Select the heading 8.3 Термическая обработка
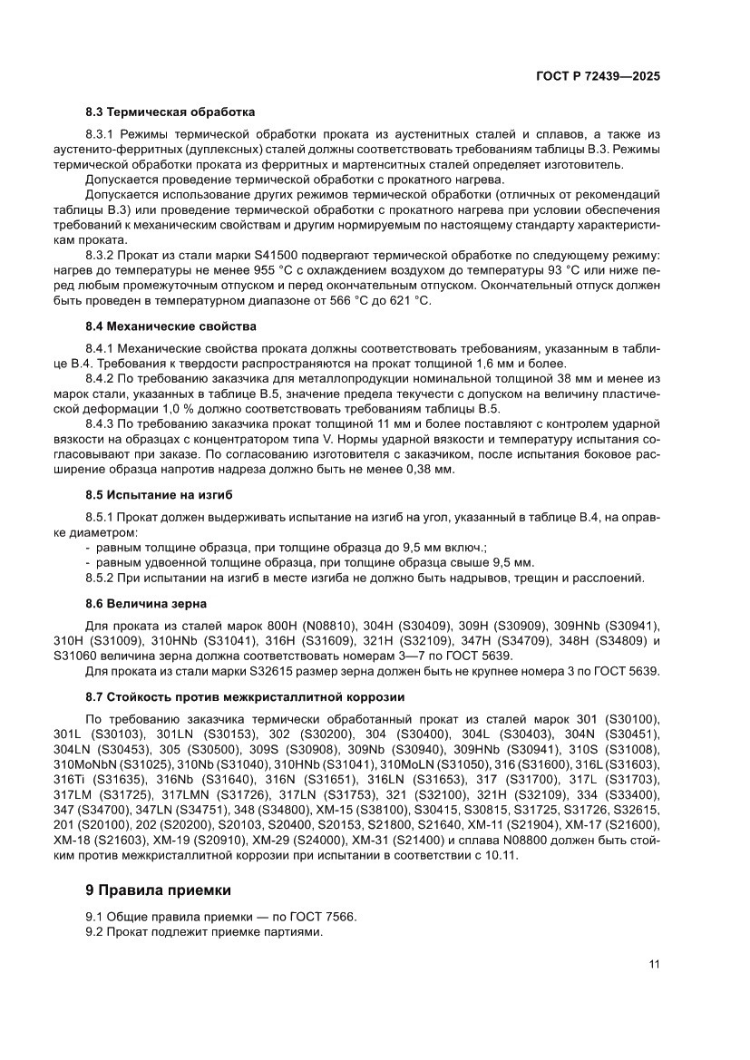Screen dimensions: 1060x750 pos(170,113)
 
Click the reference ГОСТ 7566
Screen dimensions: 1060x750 pos(321,916)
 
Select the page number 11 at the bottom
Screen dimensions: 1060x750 pos(653,964)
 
